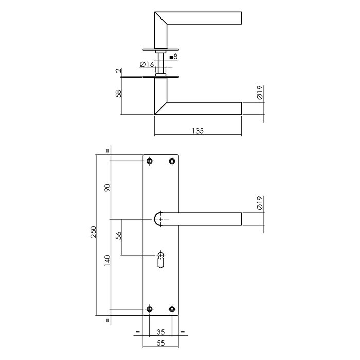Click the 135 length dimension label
(199, 131)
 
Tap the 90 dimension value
(107, 188)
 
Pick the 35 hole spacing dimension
(161, 332)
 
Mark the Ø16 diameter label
(147, 65)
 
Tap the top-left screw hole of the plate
(150, 161)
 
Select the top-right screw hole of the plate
(172, 161)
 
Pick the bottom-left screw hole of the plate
(150, 309)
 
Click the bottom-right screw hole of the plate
(172, 309)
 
